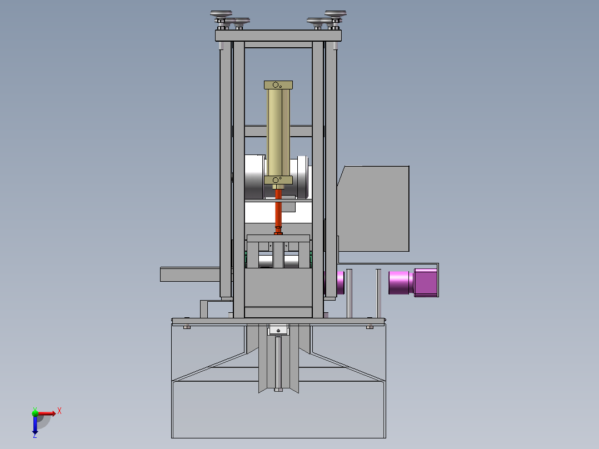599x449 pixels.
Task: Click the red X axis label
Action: click(x=59, y=411)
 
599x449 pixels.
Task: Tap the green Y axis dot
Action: click(x=35, y=413)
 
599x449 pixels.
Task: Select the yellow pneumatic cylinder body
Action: click(x=278, y=133)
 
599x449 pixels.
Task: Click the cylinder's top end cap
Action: click(x=278, y=85)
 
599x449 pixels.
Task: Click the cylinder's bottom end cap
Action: click(x=278, y=180)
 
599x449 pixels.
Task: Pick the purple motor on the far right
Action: click(x=426, y=282)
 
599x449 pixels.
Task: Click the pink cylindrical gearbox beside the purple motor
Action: click(x=401, y=282)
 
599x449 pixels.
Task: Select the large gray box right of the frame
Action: click(x=373, y=208)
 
